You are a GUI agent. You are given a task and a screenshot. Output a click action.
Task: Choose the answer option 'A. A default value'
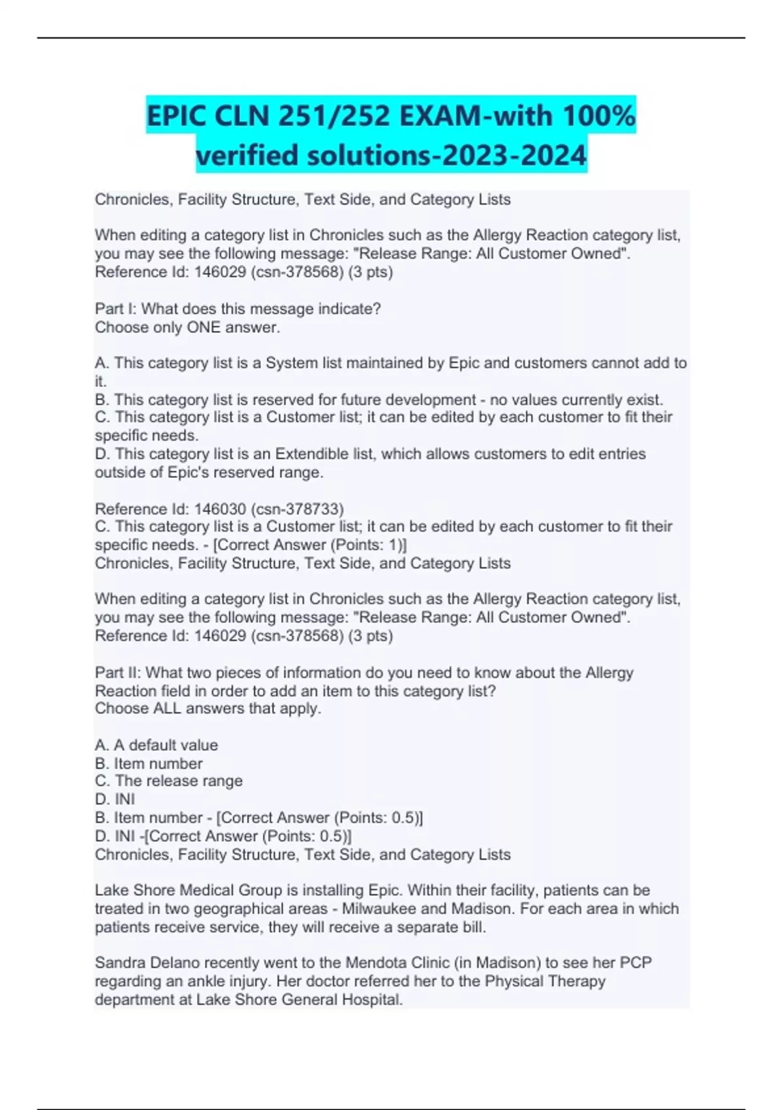(x=157, y=745)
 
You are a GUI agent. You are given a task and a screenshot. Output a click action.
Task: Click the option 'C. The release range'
(x=168, y=781)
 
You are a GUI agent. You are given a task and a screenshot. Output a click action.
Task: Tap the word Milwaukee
(x=380, y=908)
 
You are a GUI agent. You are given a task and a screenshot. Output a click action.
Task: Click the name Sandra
(x=120, y=962)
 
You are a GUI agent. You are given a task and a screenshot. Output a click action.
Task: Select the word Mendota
(x=374, y=962)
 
